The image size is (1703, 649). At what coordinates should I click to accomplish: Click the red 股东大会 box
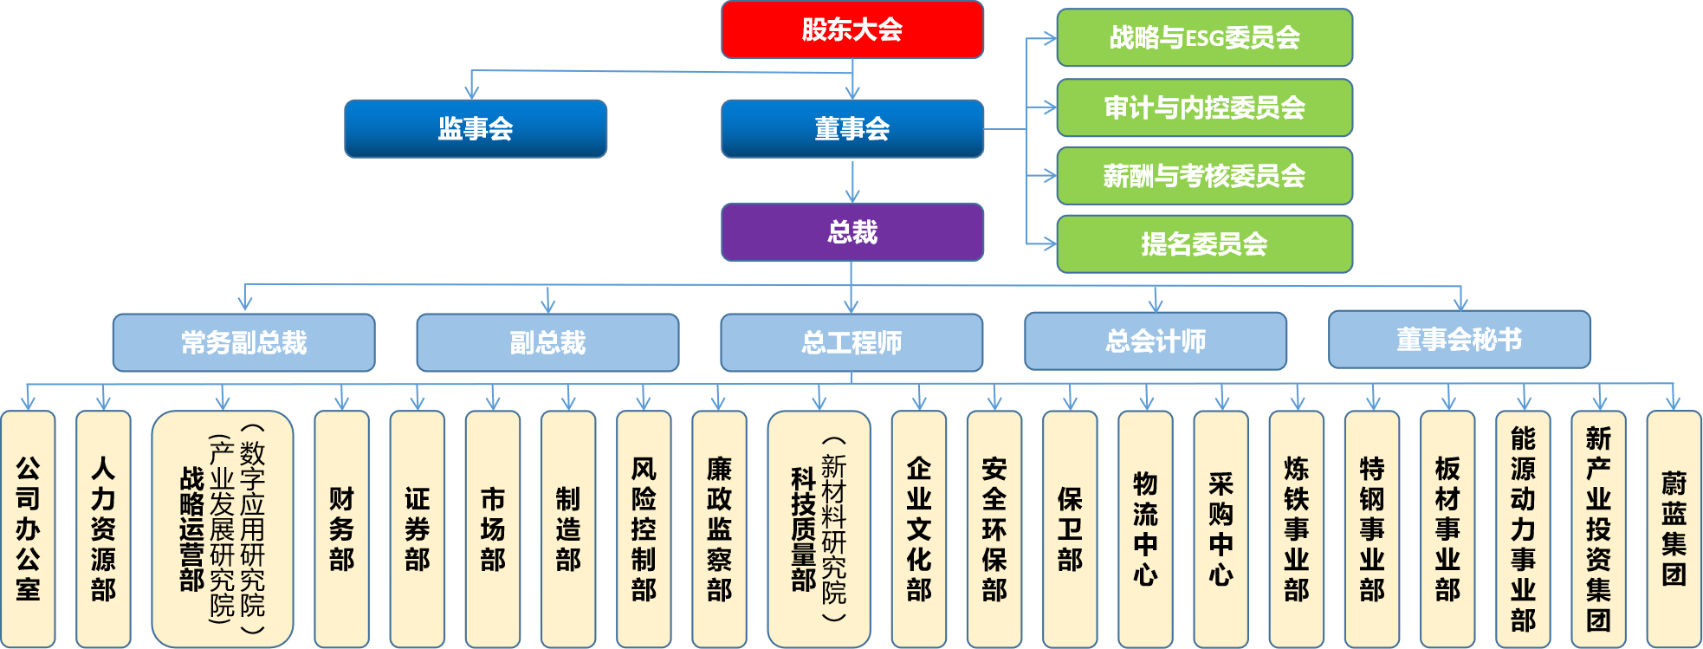pos(852,29)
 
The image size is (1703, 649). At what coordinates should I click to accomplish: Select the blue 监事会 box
pos(476,129)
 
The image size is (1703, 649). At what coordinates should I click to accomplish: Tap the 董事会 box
pos(852,129)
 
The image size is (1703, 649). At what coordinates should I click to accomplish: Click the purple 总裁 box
pos(852,232)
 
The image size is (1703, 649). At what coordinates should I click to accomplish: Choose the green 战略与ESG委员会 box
pos(1205,37)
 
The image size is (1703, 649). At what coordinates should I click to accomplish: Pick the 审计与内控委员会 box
pos(1205,107)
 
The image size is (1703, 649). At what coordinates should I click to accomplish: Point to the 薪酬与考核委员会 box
pos(1205,176)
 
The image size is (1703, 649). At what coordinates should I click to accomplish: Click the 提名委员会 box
pos(1205,244)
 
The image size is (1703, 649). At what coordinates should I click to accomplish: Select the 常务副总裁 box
pos(244,342)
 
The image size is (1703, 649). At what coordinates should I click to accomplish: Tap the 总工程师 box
pos(851,342)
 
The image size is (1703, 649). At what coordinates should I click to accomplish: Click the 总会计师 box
pos(1156,341)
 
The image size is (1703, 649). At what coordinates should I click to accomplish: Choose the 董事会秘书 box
pos(1460,340)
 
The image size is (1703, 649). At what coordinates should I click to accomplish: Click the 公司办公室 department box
pos(28,529)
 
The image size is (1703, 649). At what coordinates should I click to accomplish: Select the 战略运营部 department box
pos(223,529)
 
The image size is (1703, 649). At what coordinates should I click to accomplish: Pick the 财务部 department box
pos(342,529)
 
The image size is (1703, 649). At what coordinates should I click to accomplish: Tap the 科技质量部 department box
pos(819,529)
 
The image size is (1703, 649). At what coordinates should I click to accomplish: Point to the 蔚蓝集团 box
pos(1674,529)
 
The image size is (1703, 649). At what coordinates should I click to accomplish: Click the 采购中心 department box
pos(1221,529)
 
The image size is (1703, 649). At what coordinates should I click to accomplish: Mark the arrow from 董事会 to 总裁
pos(852,180)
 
